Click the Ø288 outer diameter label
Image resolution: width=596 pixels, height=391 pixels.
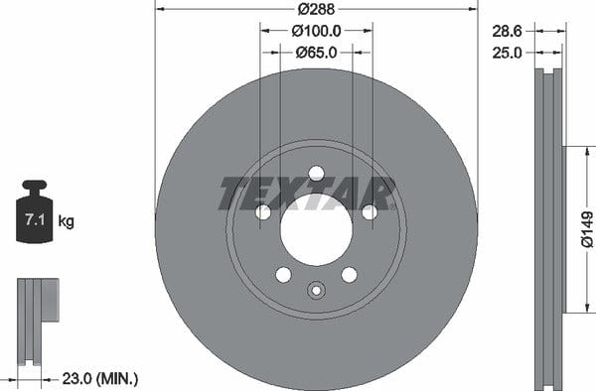pos(316,9)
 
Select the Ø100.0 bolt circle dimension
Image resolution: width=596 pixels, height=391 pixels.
pos(316,31)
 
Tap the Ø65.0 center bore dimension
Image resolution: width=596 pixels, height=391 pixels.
pos(316,53)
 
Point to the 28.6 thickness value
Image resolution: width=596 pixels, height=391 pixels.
pos(507,31)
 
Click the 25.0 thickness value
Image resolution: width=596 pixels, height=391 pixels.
pos(507,53)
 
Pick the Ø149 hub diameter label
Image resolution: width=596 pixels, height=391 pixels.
pos(587,229)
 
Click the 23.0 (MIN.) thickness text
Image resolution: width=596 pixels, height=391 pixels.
pos(100,378)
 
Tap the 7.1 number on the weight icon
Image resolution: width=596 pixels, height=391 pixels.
pos(35,219)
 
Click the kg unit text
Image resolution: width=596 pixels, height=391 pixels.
pos(67,221)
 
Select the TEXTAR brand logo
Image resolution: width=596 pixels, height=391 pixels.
pos(306,194)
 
